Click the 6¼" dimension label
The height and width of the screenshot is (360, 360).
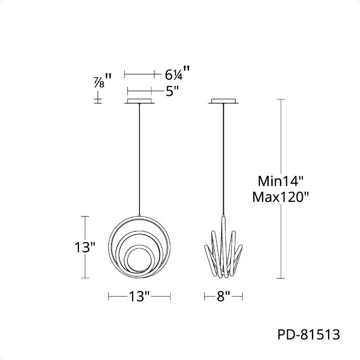coord(177,73)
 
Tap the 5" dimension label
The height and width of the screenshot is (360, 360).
coord(172,91)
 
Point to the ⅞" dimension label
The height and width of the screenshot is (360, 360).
coord(102,81)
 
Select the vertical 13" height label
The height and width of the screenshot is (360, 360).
coord(85,247)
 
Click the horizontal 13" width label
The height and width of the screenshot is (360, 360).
coord(139,297)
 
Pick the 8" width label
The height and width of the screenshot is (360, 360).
coord(223,297)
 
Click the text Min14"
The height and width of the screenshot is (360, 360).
coord(280,181)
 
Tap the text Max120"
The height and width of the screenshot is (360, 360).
coord(280,197)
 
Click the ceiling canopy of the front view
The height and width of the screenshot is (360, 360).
coord(139,101)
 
